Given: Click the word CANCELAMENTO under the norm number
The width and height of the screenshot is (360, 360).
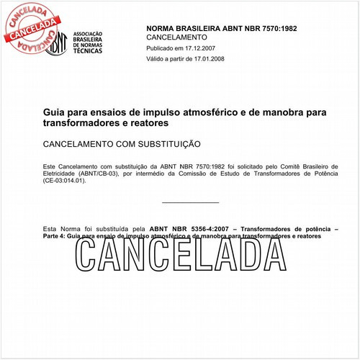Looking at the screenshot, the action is pos(176,36).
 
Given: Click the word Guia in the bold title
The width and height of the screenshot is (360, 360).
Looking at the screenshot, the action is pos(54,113).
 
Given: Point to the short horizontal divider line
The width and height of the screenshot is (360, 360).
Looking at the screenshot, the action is pos(190,202).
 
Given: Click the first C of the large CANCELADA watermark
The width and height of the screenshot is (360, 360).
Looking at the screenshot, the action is pos(91,254).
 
